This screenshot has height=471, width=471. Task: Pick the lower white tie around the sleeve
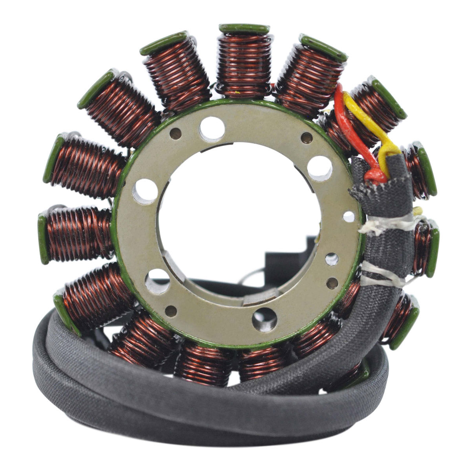pyautogui.click(x=383, y=275)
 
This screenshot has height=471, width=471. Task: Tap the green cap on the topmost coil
pyautogui.click(x=244, y=29)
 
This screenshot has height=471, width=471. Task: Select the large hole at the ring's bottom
pyautogui.click(x=264, y=319)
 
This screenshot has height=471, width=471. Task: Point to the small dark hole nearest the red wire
pyautogui.click(x=307, y=138)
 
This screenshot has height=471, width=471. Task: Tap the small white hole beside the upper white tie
pyautogui.click(x=349, y=216)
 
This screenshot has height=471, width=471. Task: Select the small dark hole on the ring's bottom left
pyautogui.click(x=171, y=311)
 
